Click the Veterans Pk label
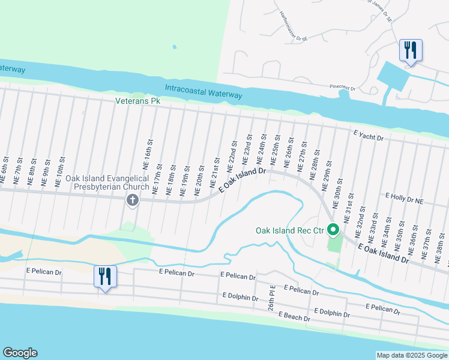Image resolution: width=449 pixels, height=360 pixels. click(138, 101)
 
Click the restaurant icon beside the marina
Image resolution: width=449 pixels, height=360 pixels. click(411, 50)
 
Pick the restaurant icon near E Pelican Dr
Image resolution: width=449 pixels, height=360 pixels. click(104, 277)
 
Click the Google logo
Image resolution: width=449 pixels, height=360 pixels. click(20, 353)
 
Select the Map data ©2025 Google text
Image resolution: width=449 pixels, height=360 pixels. click(412, 355)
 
